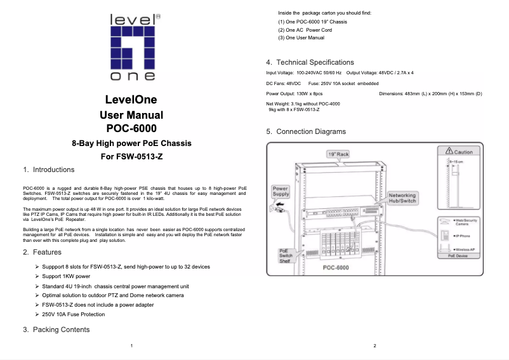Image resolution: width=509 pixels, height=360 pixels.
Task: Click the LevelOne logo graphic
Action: pos(132,48)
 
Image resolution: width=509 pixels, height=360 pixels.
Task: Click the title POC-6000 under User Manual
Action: pos(131,128)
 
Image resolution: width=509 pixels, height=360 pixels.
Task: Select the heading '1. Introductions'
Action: pos(48,170)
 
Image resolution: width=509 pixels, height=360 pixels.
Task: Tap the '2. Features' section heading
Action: pos(42,253)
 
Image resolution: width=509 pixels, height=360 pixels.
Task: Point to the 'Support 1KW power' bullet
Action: pos(66,277)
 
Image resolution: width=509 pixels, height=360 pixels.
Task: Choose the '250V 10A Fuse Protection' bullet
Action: pos(73,314)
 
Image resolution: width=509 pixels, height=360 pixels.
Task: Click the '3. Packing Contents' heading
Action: pos(56,330)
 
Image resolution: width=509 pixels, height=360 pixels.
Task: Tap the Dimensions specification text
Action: pos(430,94)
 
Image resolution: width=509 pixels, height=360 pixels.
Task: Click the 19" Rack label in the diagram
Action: pos(338,154)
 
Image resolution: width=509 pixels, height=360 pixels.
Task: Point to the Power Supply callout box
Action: pos(281,191)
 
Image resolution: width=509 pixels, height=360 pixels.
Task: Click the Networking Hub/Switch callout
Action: pos(402,198)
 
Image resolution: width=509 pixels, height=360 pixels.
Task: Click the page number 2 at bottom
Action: pos(375,345)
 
